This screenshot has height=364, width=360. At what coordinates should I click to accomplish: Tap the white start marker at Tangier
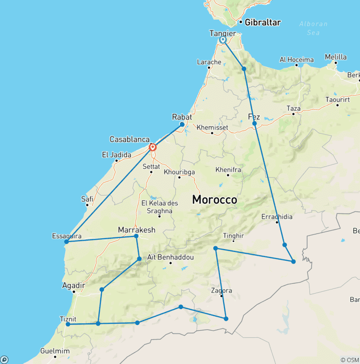tap(223, 40)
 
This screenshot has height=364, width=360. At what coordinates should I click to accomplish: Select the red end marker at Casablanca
tap(152, 147)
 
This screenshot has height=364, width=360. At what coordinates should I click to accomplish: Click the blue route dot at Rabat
tap(182, 124)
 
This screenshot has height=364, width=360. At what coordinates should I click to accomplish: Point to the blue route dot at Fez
tap(255, 123)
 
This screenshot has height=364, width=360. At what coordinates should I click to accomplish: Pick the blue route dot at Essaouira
tap(67, 242)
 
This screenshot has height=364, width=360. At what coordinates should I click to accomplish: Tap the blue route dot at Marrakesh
tap(136, 236)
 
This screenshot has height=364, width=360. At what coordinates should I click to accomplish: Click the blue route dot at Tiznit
tap(68, 324)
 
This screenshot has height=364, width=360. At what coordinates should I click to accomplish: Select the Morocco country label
tap(214, 200)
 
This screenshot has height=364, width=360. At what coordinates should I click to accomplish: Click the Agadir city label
tap(74, 285)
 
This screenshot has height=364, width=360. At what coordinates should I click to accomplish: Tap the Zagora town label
tap(222, 291)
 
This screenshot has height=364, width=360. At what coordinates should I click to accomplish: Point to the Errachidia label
tap(277, 217)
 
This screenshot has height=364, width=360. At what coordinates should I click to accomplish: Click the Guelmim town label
tap(55, 351)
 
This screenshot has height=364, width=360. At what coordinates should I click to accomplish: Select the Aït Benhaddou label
tap(170, 257)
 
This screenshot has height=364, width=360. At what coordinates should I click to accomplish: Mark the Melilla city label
tap(336, 57)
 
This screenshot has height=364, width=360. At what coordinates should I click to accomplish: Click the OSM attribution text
tap(349, 360)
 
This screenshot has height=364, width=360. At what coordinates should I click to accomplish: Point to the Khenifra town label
tap(228, 169)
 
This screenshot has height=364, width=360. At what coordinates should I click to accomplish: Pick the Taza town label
tap(293, 108)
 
